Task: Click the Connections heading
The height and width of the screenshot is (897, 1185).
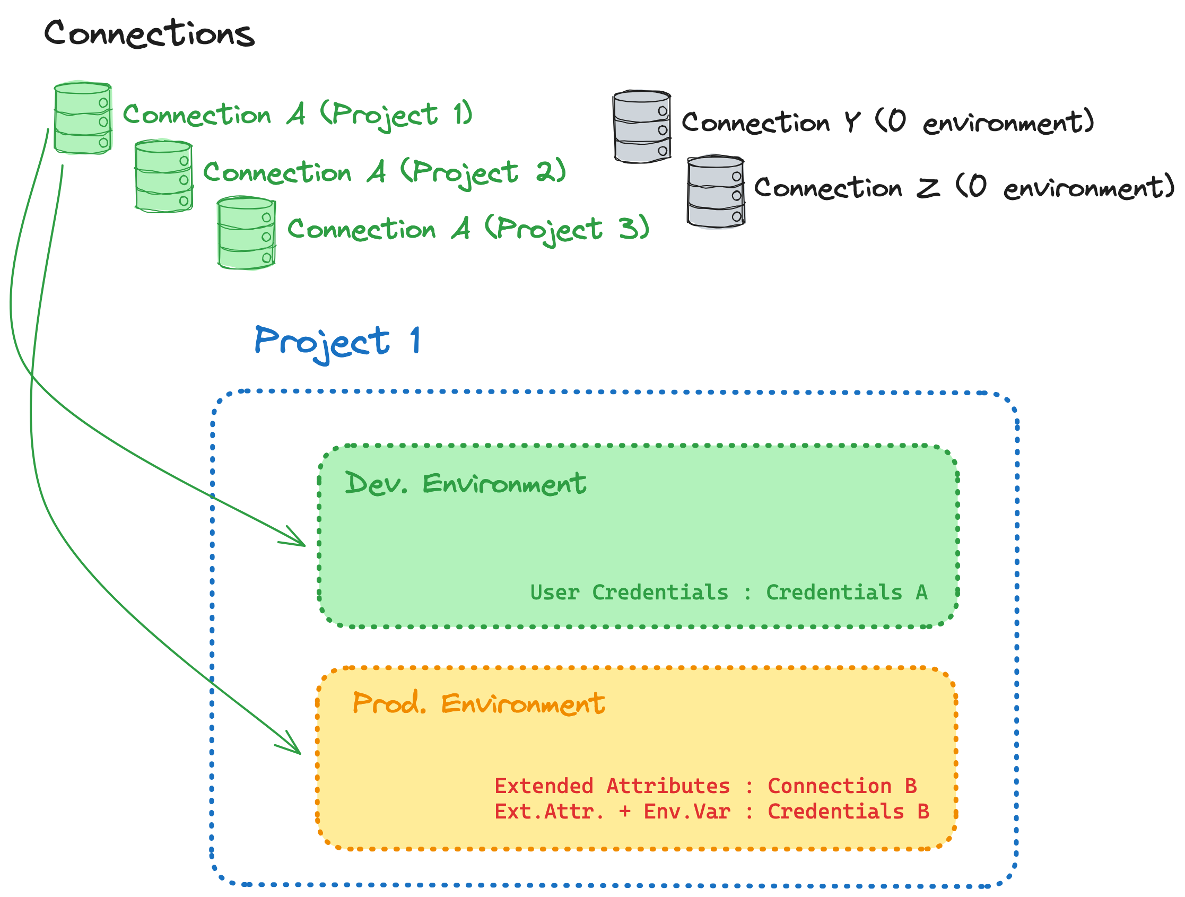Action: click(149, 33)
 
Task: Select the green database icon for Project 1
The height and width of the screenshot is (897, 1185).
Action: click(83, 118)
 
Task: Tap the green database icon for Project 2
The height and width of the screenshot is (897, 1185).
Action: click(163, 177)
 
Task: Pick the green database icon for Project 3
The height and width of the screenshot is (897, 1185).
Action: click(246, 233)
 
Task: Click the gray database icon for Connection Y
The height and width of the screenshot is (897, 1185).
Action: click(641, 127)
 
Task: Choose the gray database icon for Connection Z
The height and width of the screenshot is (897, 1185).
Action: click(715, 193)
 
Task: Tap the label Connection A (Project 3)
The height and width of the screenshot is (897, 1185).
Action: click(468, 229)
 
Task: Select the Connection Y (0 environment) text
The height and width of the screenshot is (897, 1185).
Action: click(887, 123)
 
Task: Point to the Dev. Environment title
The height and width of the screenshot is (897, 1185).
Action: click(465, 484)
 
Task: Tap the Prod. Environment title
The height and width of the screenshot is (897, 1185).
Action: click(478, 703)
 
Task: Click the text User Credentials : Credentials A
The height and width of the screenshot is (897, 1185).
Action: click(729, 593)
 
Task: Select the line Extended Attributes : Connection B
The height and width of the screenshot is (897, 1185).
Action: click(705, 786)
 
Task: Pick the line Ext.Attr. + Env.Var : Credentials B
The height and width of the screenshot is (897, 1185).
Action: click(711, 812)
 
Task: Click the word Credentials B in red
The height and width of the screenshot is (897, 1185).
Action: click(848, 812)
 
